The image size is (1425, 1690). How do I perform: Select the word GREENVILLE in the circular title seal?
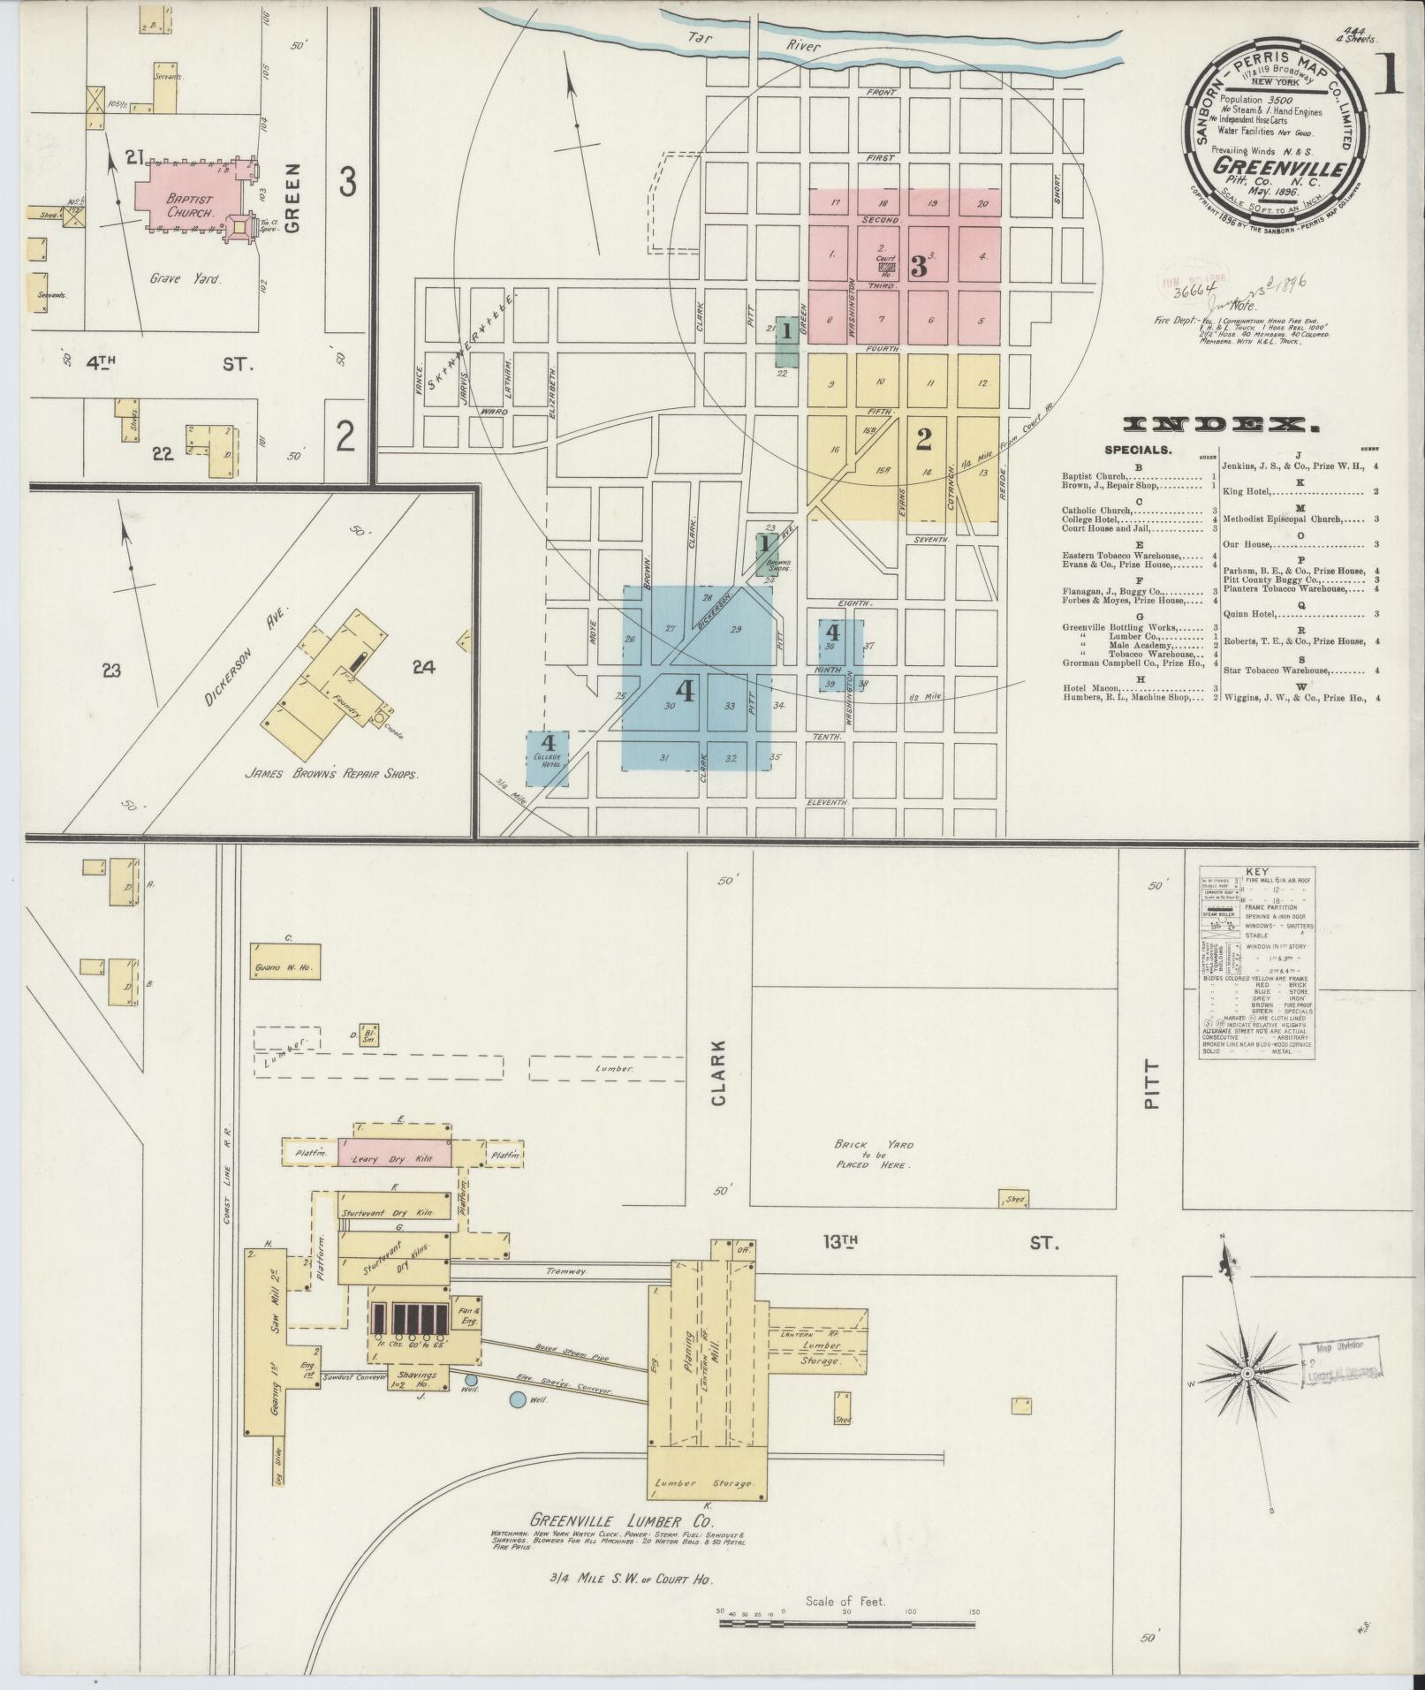pos(1278,166)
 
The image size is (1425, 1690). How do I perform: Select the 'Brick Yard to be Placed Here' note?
pos(874,1155)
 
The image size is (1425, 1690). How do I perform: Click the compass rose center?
pos(1247,1398)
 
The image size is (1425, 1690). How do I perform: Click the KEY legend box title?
pos(1256,871)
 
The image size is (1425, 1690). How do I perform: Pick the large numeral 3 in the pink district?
pos(919,265)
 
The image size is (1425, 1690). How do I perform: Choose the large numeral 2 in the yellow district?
pos(924,438)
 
